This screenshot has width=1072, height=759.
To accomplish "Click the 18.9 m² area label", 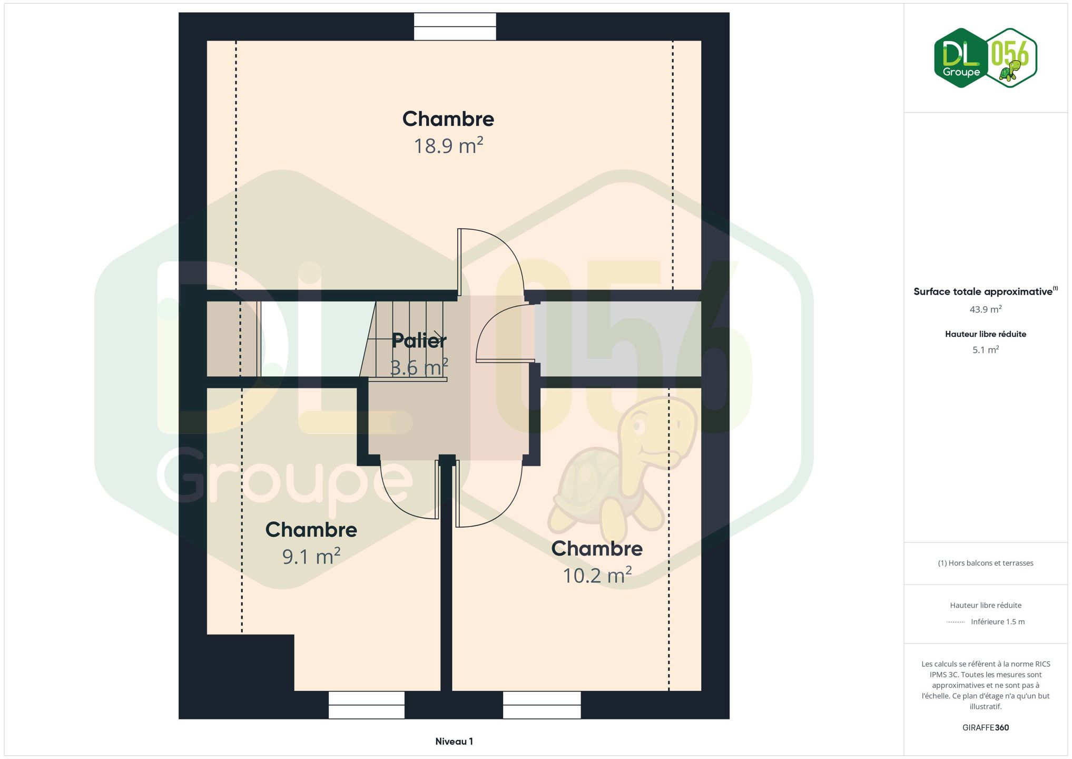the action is pos(448,146).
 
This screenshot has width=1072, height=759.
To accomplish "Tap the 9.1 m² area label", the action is pos(311,556).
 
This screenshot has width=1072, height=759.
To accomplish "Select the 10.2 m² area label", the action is pos(597,575).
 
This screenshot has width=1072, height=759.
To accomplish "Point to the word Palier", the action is pos(419,340).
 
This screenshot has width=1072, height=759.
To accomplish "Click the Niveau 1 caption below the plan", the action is pos(454,742).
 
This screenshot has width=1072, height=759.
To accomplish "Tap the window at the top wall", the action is pos(455,26).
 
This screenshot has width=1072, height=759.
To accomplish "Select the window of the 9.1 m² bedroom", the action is pos(367,705).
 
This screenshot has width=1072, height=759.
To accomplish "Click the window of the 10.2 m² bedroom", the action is pos(542,705).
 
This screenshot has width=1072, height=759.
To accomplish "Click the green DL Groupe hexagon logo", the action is pos(961,58).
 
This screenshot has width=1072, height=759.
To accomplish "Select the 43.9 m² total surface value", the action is pos(986,309).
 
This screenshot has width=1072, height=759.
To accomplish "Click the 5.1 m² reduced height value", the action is pos(986,350).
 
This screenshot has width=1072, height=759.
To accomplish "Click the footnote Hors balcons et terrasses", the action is pos(986,563).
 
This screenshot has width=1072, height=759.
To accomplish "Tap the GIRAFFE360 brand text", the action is pos(986,727).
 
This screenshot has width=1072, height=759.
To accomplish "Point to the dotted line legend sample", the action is pos(956,622).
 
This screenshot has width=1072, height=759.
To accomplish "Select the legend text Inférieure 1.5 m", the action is pos(998,621).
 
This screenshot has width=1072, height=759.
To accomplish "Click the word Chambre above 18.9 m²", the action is pos(448,119).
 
